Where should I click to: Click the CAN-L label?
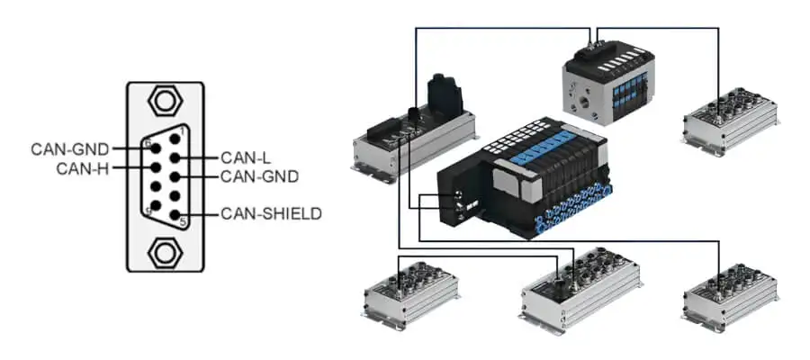coord(246,157)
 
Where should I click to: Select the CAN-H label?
coord(83,168)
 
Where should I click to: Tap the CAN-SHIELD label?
coord(271,214)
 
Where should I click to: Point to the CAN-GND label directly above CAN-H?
coord(70,149)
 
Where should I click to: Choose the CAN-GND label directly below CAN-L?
coord(260,176)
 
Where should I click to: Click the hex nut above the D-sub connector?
coord(165,101)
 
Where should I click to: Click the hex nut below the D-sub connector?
coord(165,253)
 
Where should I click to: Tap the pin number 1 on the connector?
coord(182,130)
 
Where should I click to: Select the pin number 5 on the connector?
coord(183,223)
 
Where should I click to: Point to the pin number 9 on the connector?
coord(148,211)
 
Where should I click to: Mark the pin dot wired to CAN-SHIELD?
coord(175,214)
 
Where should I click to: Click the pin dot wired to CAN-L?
coord(175,158)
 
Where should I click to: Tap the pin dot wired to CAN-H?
coord(155,167)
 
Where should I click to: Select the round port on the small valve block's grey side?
coord(584,97)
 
